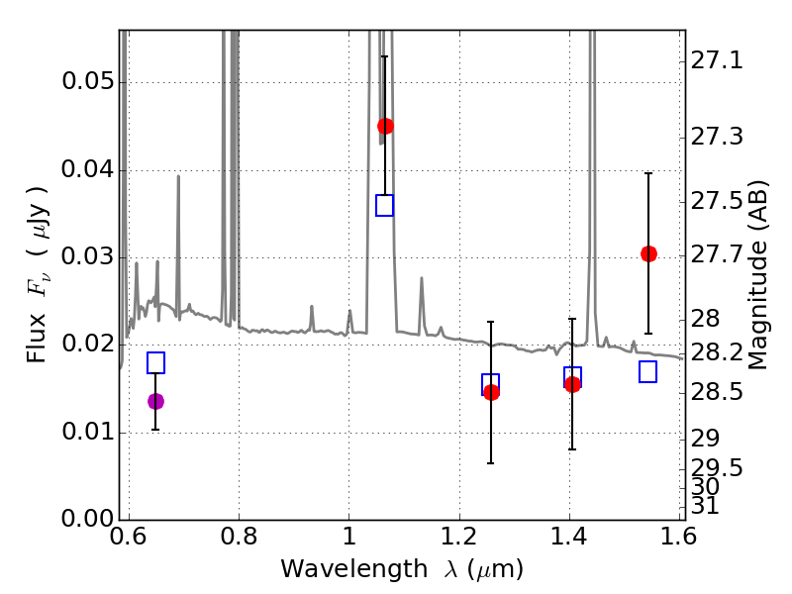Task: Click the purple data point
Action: coord(155,402)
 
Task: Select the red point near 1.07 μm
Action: coord(385,126)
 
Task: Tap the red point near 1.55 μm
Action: coord(649,253)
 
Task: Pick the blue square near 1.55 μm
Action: coord(648,372)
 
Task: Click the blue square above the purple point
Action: coord(155,362)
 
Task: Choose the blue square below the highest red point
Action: coord(384,206)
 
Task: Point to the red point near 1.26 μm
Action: coord(491,392)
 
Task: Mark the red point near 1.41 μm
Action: coord(572,385)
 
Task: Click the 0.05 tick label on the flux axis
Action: coord(88,81)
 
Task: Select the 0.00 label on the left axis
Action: coord(88,518)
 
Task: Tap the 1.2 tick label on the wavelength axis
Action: coord(459,537)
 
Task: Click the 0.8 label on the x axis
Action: coord(239,537)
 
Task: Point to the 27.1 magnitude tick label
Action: coord(717,60)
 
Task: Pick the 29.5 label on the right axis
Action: coord(717,468)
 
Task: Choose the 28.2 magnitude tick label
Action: coord(717,352)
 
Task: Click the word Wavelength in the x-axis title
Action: coord(354,569)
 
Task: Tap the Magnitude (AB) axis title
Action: coord(756,274)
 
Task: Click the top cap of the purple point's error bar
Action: coord(155,373)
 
